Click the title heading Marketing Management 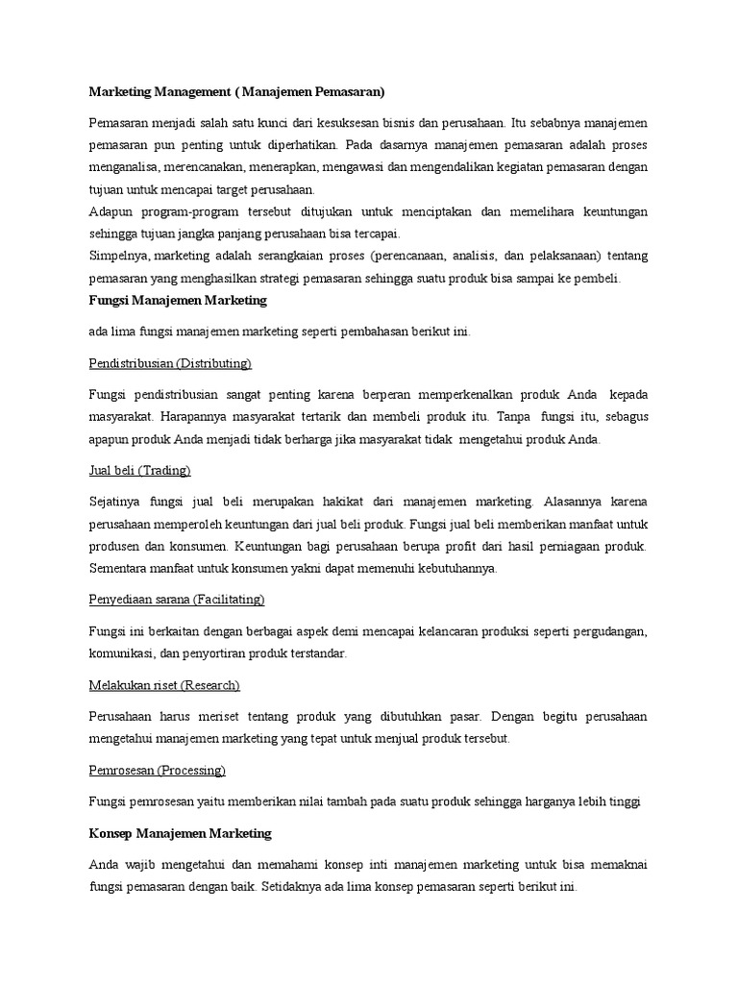(x=236, y=92)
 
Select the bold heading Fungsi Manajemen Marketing (x=177, y=301)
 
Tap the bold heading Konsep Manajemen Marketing (x=181, y=832)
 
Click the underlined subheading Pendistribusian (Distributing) (x=170, y=363)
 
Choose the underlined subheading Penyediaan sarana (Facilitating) (x=176, y=600)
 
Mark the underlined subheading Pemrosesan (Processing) (x=157, y=770)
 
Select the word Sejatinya (x=116, y=502)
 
